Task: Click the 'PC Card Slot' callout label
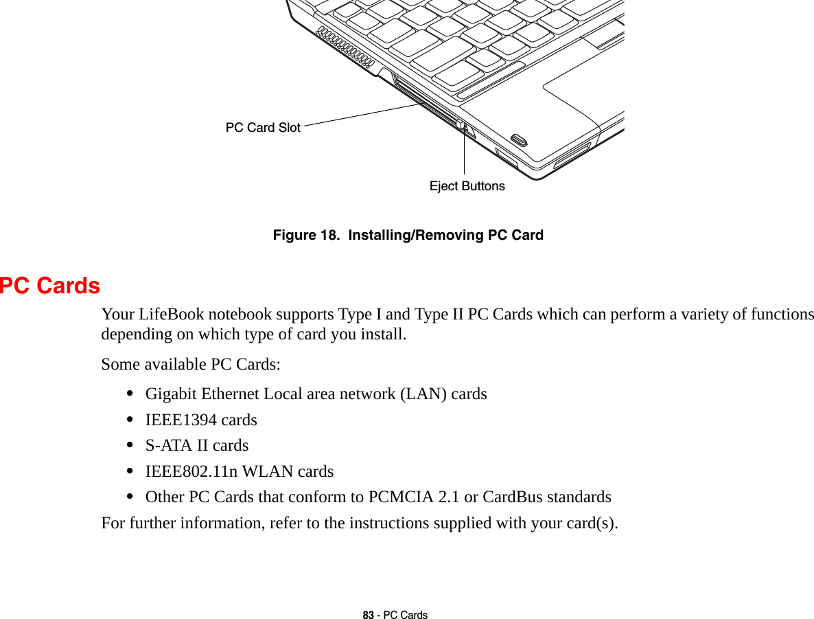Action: tap(263, 128)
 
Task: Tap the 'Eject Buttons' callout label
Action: tap(467, 186)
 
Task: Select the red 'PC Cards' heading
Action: tap(50, 286)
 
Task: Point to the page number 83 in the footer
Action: tap(369, 615)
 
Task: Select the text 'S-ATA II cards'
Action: tap(197, 445)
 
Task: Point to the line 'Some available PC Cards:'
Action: tap(190, 364)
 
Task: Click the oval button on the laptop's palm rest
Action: tap(520, 140)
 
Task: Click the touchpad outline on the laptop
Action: tap(583, 96)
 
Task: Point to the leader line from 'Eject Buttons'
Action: tap(464, 155)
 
